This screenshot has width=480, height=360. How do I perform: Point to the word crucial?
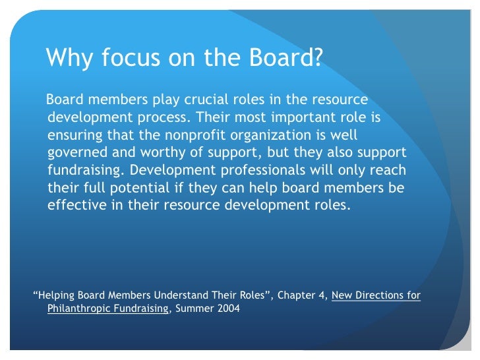click(204, 101)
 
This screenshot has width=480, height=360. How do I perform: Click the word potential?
click(142, 187)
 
